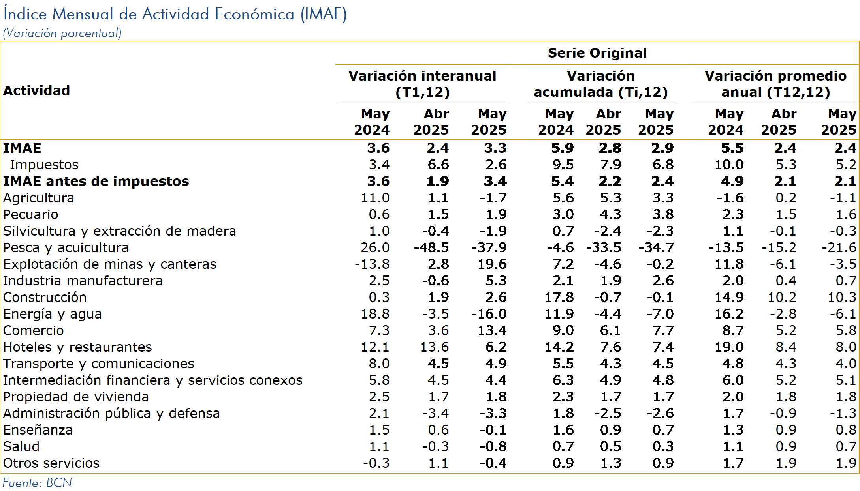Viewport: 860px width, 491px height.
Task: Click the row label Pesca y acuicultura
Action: click(66, 247)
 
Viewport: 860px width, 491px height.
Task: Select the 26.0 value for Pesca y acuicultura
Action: click(375, 247)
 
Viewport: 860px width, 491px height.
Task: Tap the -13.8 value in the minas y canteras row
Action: click(372, 264)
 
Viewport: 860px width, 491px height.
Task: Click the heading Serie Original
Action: click(597, 53)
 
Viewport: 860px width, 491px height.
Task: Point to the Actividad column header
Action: click(36, 90)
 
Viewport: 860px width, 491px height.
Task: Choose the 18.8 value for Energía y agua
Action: click(375, 314)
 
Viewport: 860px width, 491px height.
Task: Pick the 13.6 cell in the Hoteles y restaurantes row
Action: click(434, 347)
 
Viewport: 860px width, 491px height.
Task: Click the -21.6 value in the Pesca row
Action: click(839, 247)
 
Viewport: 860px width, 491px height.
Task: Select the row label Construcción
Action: click(45, 297)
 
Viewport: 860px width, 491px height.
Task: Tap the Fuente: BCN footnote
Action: click(38, 483)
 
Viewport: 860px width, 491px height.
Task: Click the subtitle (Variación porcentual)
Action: click(62, 33)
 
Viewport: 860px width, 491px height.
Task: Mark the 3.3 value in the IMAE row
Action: click(495, 148)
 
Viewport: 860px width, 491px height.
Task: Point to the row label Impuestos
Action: click(44, 165)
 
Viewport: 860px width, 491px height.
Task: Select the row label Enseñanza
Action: click(38, 430)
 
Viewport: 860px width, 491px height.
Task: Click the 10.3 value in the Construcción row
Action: click(842, 297)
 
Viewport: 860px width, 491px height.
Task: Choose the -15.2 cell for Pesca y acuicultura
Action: click(779, 247)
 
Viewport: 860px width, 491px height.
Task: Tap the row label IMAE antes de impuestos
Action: click(96, 181)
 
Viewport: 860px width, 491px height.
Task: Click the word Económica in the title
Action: click(255, 14)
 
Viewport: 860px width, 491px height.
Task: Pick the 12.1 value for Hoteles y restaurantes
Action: click(375, 347)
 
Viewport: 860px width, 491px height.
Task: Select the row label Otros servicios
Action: click(51, 463)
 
